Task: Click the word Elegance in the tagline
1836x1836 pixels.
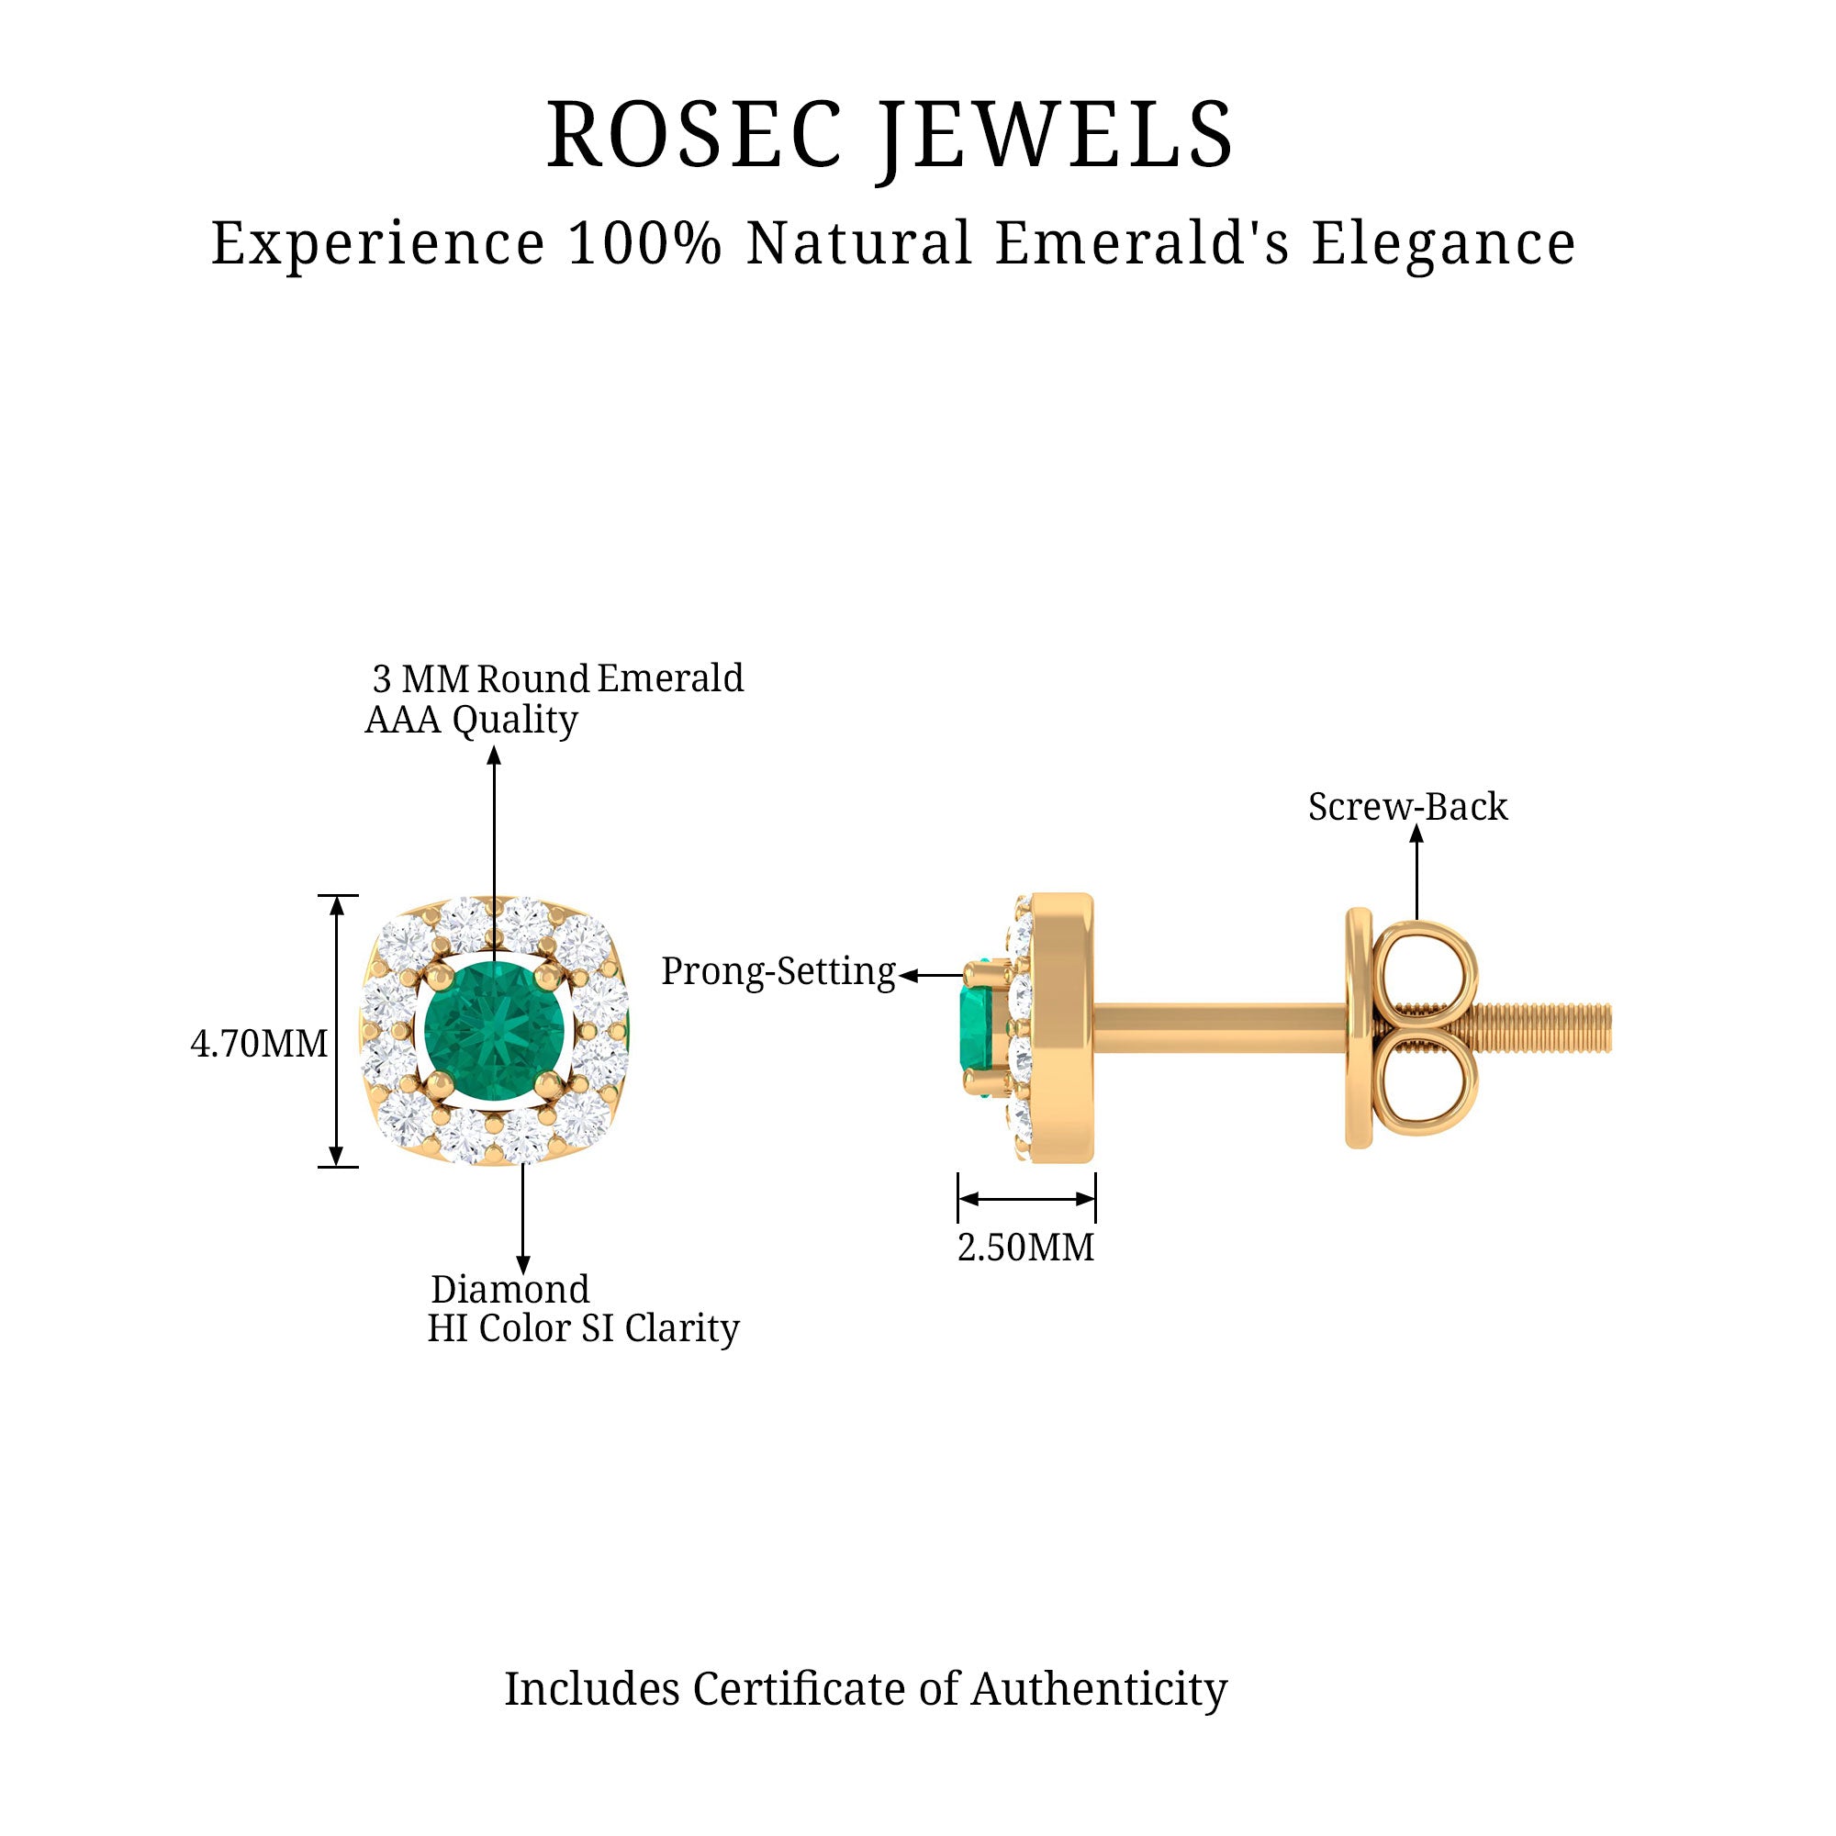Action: pos(1443,243)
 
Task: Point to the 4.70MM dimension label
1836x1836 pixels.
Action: pos(259,1045)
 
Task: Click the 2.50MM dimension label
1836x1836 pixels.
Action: pos(1025,1248)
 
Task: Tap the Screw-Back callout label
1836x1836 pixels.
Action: pos(1407,807)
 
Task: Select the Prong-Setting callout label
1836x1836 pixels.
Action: pos(778,971)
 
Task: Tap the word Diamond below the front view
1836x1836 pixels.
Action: pos(510,1290)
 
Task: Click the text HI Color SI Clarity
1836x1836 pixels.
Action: pos(583,1328)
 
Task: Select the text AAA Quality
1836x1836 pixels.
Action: pos(471,720)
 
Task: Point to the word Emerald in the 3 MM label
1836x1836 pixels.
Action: pos(670,678)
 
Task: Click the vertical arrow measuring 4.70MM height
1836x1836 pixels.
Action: pos(336,1031)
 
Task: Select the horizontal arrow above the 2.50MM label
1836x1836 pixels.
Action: pos(1026,1198)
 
